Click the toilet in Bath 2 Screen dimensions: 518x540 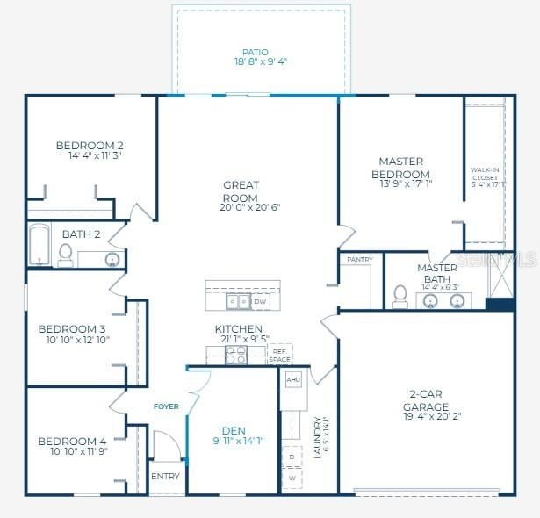point(65,255)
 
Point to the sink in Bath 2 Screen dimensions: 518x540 point(112,259)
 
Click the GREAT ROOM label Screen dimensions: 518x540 point(240,191)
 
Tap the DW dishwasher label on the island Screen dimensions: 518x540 point(260,302)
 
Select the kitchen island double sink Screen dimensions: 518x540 point(237,302)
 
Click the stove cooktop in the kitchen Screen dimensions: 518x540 point(236,354)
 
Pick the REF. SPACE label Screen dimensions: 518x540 point(279,355)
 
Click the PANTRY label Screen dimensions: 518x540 point(360,259)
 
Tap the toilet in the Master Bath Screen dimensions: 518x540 point(400,296)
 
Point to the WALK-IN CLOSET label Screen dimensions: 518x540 point(486,177)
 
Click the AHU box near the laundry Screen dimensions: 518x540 point(293,378)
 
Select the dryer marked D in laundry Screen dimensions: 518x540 point(292,457)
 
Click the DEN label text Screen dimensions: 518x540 point(234,430)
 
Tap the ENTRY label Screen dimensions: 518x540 point(165,477)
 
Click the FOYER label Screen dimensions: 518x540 point(166,406)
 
